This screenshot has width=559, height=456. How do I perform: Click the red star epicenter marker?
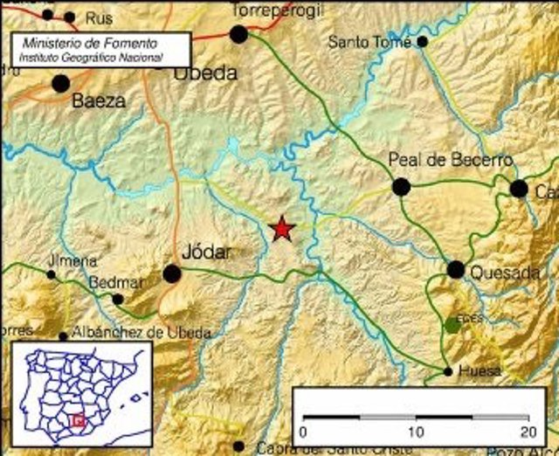coord(282,229)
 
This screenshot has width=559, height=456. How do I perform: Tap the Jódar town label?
coord(206,252)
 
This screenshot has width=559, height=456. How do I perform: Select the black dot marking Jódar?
coord(172,273)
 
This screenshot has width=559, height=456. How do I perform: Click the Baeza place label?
coord(99,100)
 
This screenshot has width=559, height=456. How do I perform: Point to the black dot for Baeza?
coord(60,84)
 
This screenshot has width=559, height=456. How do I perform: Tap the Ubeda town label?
coord(205,73)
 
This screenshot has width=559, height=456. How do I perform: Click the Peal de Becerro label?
coord(450,160)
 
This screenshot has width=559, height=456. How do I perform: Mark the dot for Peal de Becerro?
coord(401,186)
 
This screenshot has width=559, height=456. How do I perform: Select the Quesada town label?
coord(505,273)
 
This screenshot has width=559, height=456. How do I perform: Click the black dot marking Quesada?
coord(456,269)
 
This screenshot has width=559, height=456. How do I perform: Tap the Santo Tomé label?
coord(370,41)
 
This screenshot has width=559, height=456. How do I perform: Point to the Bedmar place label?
coord(109,282)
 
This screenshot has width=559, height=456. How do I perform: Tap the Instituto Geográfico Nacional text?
coord(92,57)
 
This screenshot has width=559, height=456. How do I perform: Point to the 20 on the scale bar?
coord(527,432)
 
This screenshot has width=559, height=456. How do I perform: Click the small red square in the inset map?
coord(78,420)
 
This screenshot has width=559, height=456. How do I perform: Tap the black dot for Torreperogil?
coord(238,33)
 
